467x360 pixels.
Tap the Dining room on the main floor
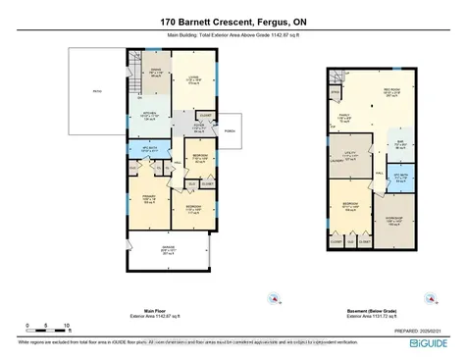pos(155,72)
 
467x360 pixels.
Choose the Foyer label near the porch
pos(197,128)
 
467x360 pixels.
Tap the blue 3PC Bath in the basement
pos(399,178)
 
